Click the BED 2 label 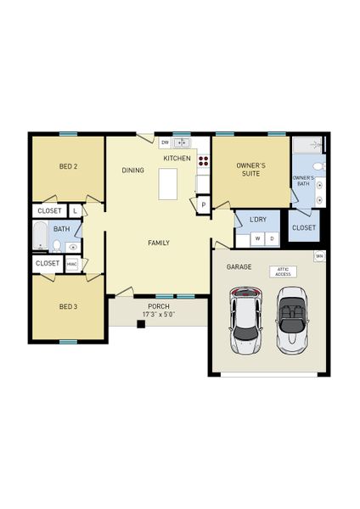(69, 166)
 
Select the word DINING (133, 171)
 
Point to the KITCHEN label (177, 159)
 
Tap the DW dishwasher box (165, 143)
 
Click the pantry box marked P (204, 204)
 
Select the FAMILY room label (159, 243)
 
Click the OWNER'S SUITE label (251, 171)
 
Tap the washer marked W (256, 238)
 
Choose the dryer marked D (272, 238)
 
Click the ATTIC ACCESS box (283, 271)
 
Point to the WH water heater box (320, 255)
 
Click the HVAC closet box (71, 264)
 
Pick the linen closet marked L (75, 210)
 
